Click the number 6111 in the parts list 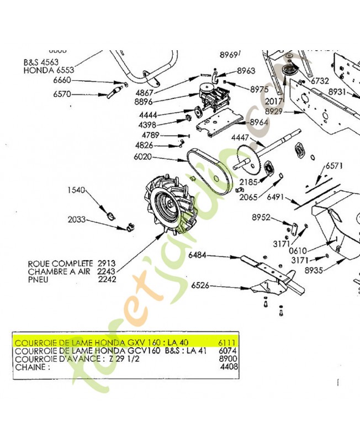coord(227,343)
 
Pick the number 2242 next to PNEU coord(108,280)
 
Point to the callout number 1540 coord(76,191)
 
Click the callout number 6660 coord(62,81)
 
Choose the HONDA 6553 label coord(49,71)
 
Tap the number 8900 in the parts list coord(227,358)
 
